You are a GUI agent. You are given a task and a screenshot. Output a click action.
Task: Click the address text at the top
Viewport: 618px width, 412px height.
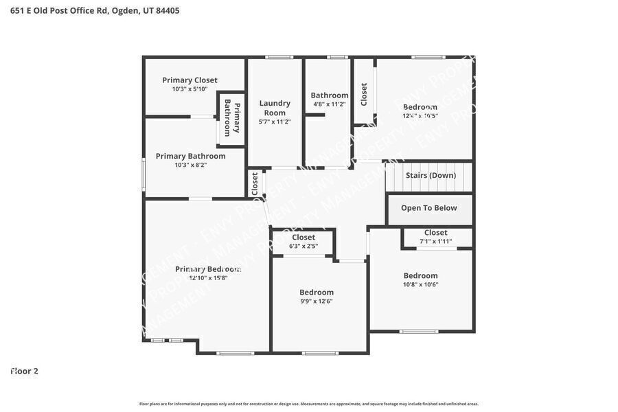pos(95,10)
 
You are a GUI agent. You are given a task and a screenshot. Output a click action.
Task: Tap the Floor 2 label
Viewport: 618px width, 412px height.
pos(25,371)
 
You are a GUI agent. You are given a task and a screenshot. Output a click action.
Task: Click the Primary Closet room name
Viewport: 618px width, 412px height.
pos(190,80)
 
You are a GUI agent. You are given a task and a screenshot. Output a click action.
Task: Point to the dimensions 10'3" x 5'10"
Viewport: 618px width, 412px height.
pos(190,89)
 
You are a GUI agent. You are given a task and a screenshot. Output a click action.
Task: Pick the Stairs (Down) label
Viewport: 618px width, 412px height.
pos(431,175)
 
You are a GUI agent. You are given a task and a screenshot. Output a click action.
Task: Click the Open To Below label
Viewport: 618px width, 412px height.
pos(428,208)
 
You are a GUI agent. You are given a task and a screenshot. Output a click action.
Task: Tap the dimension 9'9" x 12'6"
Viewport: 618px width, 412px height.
pos(316,301)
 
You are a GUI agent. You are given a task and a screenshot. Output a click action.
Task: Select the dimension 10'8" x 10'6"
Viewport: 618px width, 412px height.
pos(420,284)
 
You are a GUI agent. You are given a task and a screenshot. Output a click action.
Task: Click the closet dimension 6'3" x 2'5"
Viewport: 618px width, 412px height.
pos(303,246)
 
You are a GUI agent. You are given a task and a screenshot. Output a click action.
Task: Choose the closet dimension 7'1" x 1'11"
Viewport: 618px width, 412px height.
pos(435,241)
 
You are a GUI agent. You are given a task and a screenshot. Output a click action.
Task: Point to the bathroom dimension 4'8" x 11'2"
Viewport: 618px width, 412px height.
pos(329,104)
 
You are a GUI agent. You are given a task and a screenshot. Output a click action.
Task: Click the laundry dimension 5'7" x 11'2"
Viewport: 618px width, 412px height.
pos(275,122)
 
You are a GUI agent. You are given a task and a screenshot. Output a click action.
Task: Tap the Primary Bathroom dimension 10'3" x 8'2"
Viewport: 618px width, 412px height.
pos(190,165)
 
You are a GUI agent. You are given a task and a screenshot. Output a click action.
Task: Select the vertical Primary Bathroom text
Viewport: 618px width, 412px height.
pos(232,118)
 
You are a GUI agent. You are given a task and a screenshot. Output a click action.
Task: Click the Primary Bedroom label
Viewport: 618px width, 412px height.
pos(207,269)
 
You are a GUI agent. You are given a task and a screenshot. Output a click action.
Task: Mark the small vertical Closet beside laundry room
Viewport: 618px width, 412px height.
pos(255,183)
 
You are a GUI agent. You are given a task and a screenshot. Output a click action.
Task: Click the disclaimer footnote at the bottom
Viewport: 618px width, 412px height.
pos(309,404)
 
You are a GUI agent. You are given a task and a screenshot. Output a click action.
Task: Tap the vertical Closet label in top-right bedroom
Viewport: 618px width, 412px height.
pos(364,94)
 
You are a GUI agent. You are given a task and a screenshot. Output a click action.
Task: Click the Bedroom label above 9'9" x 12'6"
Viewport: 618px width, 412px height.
pos(316,292)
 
